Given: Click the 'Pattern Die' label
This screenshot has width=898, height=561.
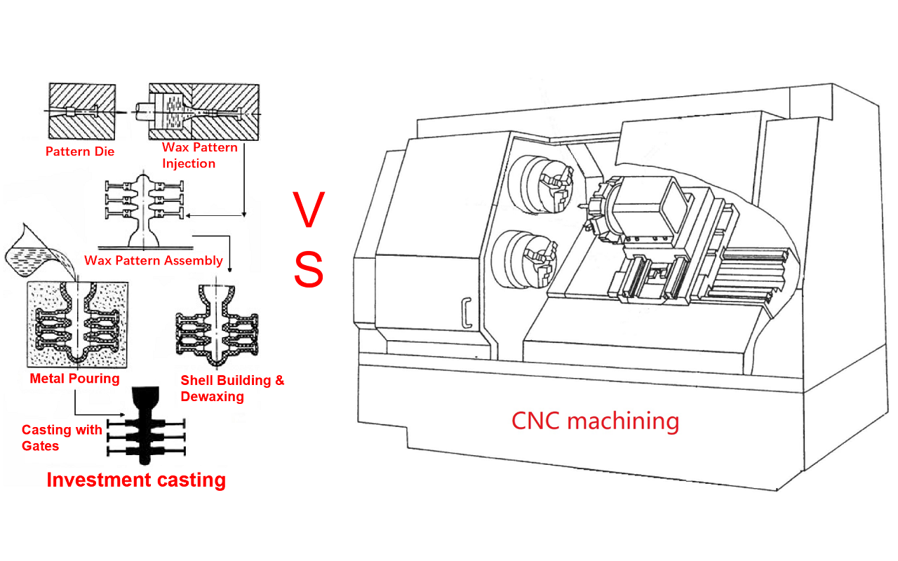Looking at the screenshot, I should pos(79,151).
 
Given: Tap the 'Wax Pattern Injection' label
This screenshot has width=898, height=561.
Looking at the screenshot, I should pos(199,156).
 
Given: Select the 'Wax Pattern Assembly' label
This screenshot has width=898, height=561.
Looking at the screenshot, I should pos(154,261).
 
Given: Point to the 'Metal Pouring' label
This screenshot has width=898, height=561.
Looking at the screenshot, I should pos(74,379).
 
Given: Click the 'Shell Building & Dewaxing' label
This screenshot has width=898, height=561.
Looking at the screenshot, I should pos(232,388).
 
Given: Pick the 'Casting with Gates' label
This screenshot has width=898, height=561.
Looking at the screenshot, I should pos(62,438).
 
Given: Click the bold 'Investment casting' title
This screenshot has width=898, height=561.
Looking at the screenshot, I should pos(136,480).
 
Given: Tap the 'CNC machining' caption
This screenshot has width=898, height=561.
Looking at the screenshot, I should pos(595,421).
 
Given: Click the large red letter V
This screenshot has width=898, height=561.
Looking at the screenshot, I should pos(309,210).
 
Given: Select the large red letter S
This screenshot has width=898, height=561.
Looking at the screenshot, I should pos(309,270).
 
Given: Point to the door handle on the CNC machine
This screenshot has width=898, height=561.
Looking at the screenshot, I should pos(465,312).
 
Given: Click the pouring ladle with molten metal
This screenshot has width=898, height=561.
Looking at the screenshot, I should pos(39,252).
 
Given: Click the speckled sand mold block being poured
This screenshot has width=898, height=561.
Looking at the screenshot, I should pos(76,325).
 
